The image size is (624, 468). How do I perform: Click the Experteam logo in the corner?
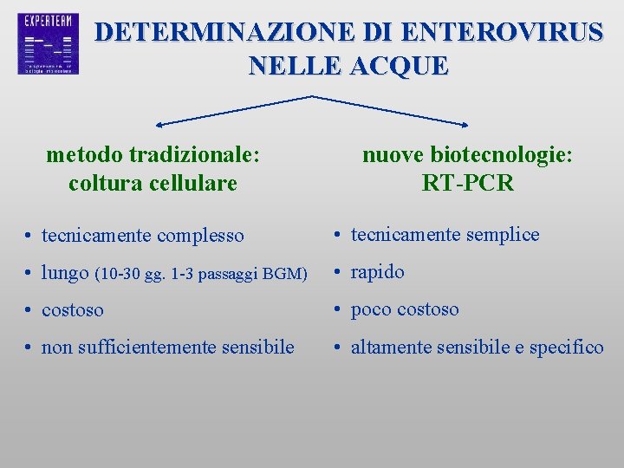tap(48, 43)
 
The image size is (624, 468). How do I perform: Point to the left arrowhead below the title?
tap(160, 125)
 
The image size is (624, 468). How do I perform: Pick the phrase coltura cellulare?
tap(153, 183)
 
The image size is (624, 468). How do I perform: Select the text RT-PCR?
tap(467, 183)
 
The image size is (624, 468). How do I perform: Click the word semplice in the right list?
tap(503, 234)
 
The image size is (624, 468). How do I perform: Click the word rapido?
tap(377, 272)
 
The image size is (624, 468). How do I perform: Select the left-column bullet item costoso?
tap(73, 310)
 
